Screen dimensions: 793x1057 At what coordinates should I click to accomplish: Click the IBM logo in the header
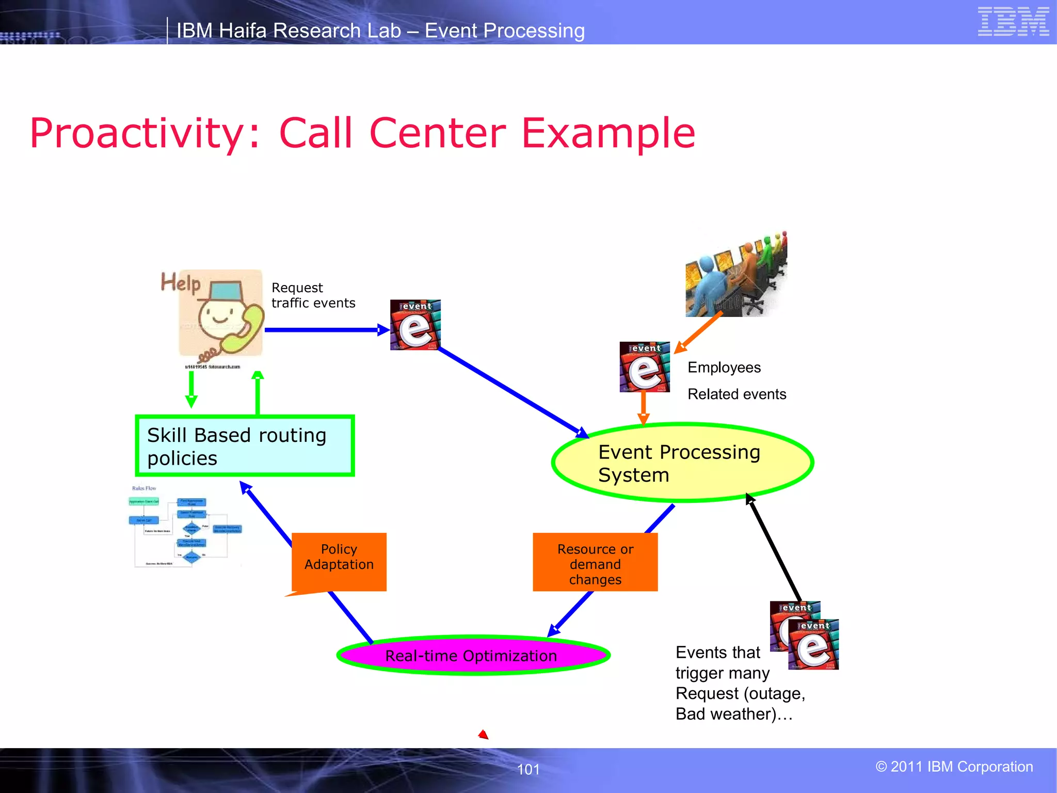click(x=1013, y=22)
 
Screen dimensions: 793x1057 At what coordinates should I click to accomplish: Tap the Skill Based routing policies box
click(x=245, y=446)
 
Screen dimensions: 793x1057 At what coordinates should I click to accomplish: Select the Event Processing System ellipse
click(x=682, y=463)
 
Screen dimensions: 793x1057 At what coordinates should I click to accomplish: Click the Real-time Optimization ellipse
click(x=473, y=656)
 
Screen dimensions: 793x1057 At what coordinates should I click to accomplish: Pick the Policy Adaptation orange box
click(x=339, y=561)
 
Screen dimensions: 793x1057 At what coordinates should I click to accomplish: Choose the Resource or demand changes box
click(x=595, y=563)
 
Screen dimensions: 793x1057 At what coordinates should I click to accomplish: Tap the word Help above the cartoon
click(x=180, y=282)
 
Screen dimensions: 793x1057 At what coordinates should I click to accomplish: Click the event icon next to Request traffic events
click(x=415, y=325)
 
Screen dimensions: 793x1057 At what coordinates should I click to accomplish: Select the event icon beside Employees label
click(x=645, y=367)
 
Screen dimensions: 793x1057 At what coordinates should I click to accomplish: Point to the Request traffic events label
click(x=313, y=295)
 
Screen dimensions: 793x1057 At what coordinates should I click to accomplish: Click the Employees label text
click(x=724, y=368)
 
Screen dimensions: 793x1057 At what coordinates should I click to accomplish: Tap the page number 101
click(x=528, y=769)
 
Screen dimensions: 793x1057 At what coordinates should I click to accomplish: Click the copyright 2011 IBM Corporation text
click(x=954, y=767)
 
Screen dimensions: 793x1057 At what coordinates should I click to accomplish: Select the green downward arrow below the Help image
click(x=191, y=390)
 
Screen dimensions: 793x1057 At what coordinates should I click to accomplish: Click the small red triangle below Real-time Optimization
click(x=484, y=735)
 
